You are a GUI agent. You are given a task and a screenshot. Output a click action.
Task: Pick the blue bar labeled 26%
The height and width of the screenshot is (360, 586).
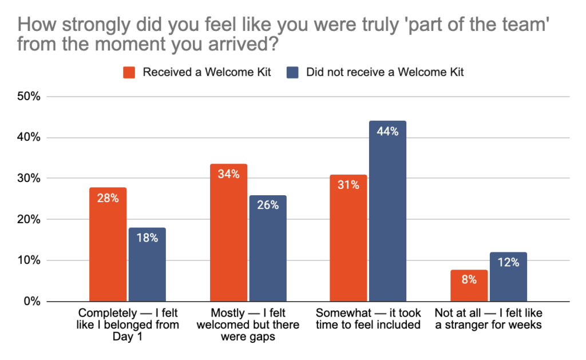tap(268, 248)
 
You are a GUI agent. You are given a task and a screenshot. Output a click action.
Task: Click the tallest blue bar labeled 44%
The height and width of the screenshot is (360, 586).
tap(387, 211)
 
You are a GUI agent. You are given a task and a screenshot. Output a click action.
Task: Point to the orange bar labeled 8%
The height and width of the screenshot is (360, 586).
tap(469, 286)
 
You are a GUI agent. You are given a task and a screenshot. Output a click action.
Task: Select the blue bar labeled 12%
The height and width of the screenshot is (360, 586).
tap(508, 277)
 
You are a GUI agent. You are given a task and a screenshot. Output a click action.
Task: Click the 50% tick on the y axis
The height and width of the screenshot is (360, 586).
tap(28, 96)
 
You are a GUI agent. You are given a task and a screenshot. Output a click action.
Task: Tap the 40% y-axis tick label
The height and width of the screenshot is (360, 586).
tap(28, 137)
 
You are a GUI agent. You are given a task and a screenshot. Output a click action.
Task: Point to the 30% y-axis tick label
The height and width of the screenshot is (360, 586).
tap(28, 179)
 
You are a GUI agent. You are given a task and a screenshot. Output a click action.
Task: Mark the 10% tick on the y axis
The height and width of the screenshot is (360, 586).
tap(28, 260)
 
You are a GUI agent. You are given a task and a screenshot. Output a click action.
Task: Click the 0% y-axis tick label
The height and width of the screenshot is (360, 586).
tap(31, 302)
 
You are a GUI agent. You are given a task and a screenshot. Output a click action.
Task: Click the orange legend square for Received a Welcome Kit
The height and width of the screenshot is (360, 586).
tap(129, 73)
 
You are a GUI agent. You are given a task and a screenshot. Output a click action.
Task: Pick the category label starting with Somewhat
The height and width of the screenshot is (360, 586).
tap(368, 319)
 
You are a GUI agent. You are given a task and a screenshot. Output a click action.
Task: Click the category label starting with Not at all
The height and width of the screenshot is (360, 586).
tap(488, 319)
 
